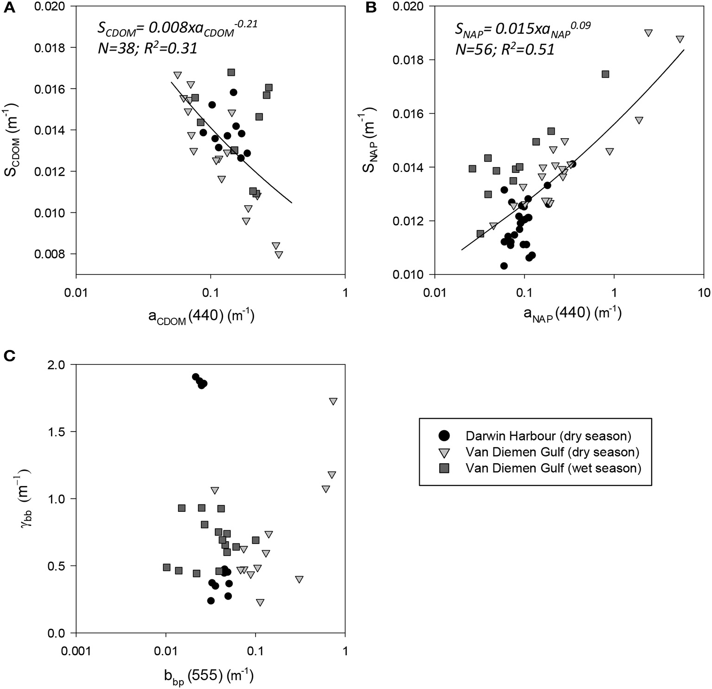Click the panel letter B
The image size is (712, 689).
[x=371, y=8]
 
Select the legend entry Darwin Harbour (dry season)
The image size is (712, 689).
[x=548, y=435]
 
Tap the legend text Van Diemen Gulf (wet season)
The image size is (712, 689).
[x=553, y=468]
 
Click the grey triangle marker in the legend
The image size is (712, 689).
[x=444, y=453]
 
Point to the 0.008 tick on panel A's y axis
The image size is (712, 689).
[x=52, y=254]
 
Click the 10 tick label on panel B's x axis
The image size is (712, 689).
[x=703, y=293]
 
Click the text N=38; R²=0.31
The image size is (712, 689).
[x=148, y=48]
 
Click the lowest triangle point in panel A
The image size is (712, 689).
[x=279, y=255]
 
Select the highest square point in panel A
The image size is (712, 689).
[x=231, y=72]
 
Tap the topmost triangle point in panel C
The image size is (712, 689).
[x=333, y=402]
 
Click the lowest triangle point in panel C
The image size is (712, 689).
[x=260, y=603]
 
